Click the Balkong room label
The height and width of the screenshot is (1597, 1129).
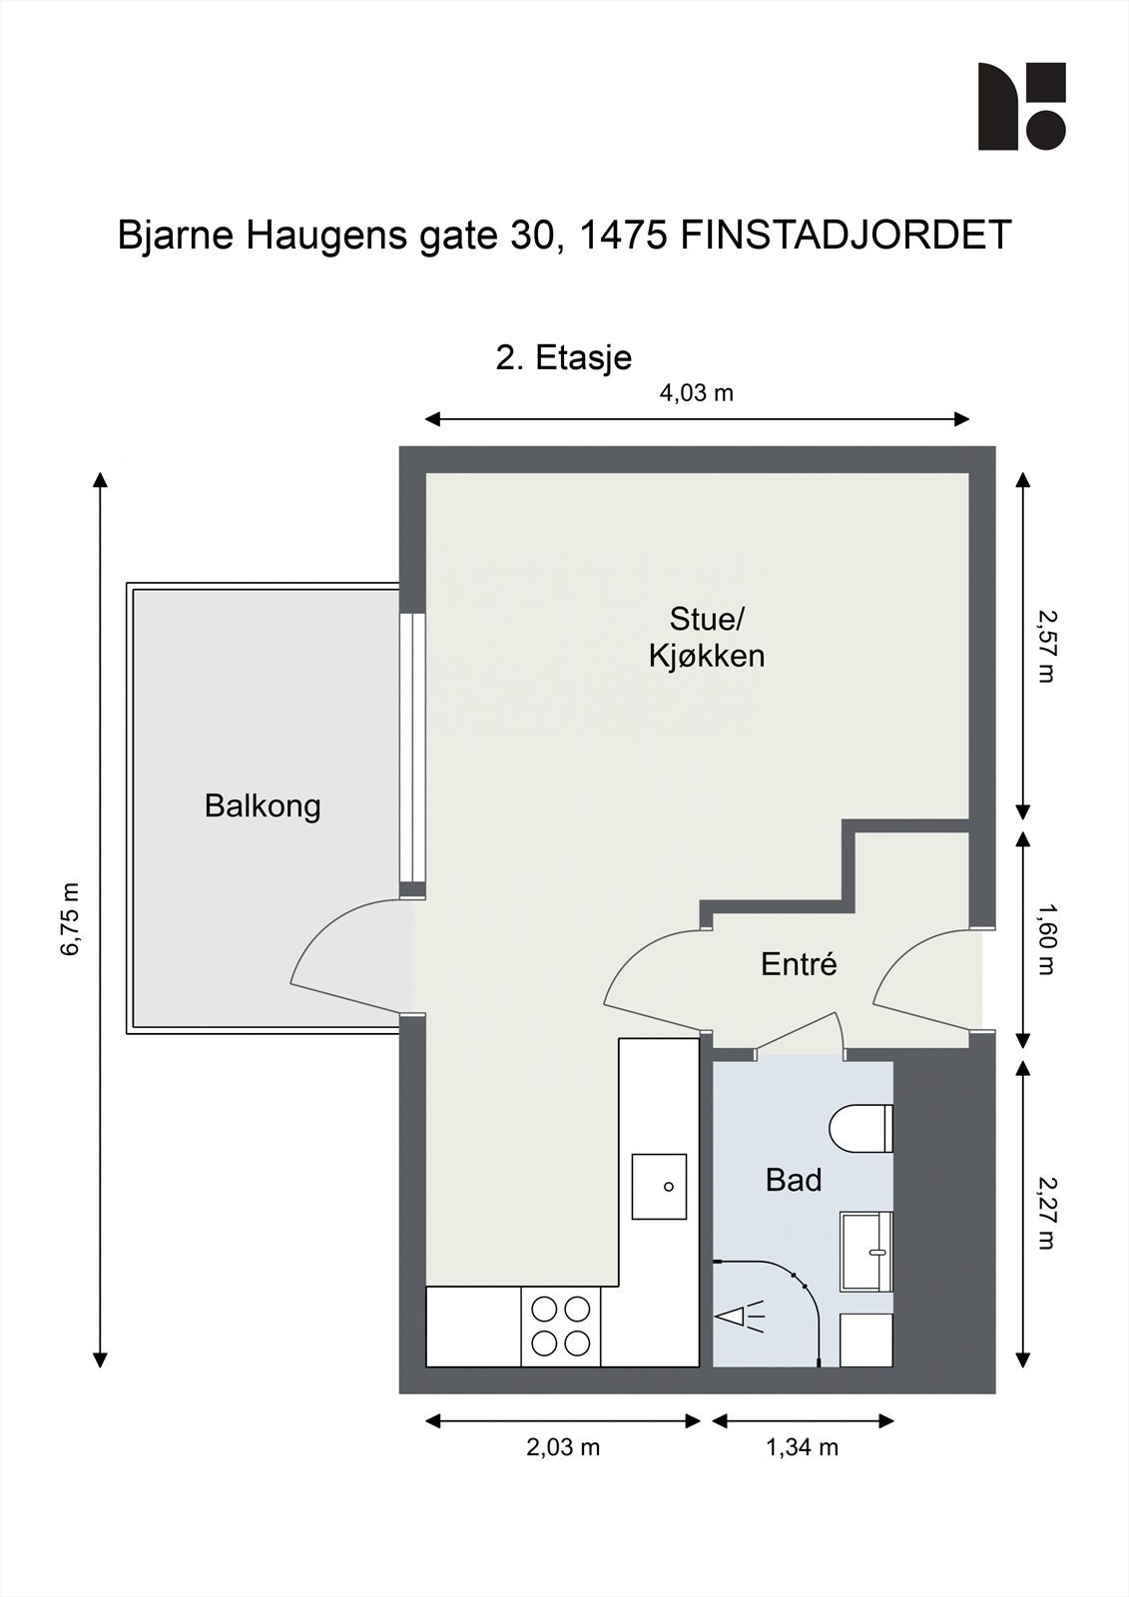[263, 807]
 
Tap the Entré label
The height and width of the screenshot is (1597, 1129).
[799, 964]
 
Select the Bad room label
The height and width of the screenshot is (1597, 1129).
[794, 1181]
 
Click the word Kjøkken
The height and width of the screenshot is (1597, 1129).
[707, 657]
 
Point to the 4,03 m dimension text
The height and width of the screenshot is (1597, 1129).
[696, 393]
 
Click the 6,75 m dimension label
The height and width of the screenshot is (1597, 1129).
[71, 919]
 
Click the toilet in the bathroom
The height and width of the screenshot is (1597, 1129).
[860, 1128]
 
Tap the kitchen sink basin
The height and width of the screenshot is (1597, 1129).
[658, 1187]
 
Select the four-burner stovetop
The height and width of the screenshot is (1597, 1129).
[561, 1327]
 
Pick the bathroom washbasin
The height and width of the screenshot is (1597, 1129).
[866, 1252]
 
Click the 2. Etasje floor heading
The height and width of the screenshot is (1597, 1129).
[563, 358]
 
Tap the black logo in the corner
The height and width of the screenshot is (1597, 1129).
[1022, 106]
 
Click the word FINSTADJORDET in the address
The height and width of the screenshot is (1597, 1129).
[847, 236]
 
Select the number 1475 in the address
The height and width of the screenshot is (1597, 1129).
[621, 236]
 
